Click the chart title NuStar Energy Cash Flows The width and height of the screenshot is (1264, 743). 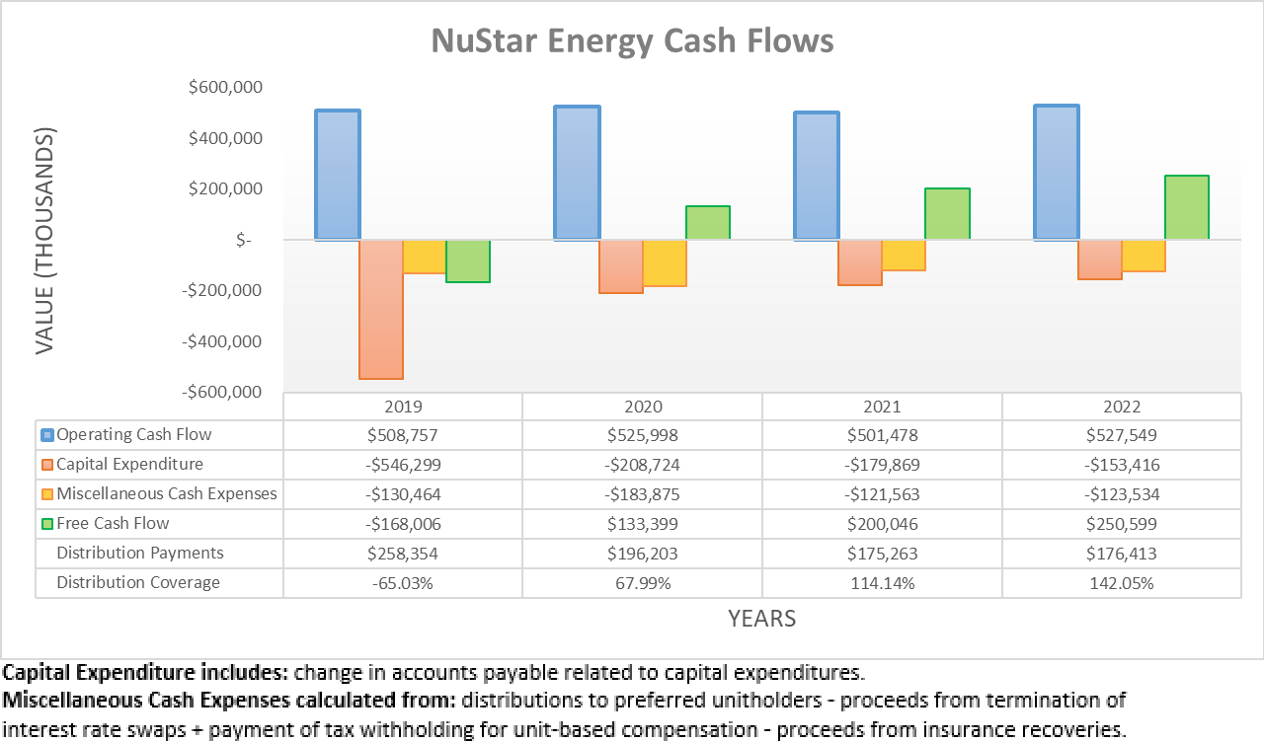632,40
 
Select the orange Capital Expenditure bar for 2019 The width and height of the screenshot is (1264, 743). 380,309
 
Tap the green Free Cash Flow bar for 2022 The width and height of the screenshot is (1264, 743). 1187,207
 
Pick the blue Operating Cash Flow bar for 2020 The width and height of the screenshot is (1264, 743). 577,173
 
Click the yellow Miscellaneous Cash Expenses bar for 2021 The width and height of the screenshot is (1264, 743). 904,255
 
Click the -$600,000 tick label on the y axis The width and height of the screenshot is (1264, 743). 225,392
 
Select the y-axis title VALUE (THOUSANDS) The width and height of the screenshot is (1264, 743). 45,241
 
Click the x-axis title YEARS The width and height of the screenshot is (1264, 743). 761,619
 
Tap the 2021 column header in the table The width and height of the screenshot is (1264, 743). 882,407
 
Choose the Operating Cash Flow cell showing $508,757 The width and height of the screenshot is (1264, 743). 403,435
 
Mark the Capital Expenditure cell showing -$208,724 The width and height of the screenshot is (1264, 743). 642,465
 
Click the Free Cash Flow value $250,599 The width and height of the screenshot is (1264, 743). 1122,524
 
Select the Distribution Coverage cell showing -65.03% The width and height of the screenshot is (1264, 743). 403,583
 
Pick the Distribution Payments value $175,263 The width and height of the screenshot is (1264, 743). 882,554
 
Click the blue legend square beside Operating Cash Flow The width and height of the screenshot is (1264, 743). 47,435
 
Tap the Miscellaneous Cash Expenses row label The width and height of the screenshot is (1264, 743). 167,494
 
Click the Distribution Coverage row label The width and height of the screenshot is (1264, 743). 138,583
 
